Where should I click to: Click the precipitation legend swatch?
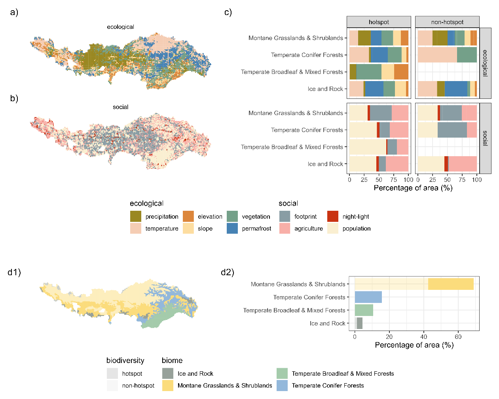[136, 216]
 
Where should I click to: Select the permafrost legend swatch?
[232, 228]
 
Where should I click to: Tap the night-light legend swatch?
[333, 216]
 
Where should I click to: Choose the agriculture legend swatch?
[285, 228]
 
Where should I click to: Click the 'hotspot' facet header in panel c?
[379, 22]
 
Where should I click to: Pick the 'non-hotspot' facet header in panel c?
[447, 22]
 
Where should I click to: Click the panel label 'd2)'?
[227, 272]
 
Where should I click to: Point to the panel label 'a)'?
[14, 12]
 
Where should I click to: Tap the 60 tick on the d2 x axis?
[458, 337]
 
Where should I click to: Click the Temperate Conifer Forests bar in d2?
[368, 297]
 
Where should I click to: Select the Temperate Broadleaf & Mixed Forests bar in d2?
[364, 310]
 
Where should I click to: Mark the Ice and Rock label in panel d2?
[327, 323]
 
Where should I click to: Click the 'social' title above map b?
[120, 107]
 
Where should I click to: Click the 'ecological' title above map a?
[120, 27]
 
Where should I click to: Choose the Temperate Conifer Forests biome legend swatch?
[282, 385]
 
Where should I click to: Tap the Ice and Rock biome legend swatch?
[168, 373]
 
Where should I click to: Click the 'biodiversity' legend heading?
[125, 360]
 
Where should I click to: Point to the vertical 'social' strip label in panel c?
[485, 138]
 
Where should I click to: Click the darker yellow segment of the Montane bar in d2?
[451, 284]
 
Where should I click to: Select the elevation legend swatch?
[188, 216]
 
